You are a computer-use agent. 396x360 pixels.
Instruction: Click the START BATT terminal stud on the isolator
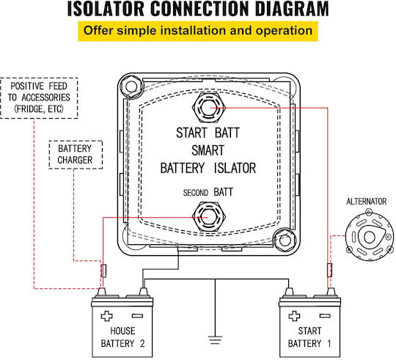pyautogui.click(x=208, y=108)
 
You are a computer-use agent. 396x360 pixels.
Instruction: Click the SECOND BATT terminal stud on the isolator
pyautogui.click(x=208, y=217)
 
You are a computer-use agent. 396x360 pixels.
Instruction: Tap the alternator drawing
pyautogui.click(x=369, y=236)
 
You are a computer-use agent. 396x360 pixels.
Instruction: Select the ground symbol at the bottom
pyautogui.click(x=215, y=340)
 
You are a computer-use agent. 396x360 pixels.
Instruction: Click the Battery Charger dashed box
pyautogui.click(x=76, y=155)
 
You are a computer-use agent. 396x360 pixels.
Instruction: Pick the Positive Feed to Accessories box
pyautogui.click(x=39, y=98)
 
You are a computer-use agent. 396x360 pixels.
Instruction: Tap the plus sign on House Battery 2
pyautogui.click(x=106, y=316)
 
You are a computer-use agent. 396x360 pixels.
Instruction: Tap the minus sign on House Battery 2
pyautogui.click(x=137, y=316)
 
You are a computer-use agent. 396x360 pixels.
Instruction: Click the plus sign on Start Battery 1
pyautogui.click(x=294, y=316)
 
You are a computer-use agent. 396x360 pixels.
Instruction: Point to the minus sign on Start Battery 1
pyautogui.click(x=325, y=316)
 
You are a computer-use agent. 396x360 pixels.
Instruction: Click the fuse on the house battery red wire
pyautogui.click(x=103, y=271)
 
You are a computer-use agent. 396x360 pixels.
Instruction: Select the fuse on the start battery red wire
pyautogui.click(x=329, y=270)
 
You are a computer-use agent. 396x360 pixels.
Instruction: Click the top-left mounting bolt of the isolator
pyautogui.click(x=131, y=87)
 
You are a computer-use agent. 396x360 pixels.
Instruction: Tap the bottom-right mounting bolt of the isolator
pyautogui.click(x=285, y=240)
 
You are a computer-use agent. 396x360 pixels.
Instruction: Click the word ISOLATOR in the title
pyautogui.click(x=106, y=9)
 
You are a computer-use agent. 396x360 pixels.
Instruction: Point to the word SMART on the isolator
pyautogui.click(x=208, y=150)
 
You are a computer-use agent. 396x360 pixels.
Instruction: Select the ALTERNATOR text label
pyautogui.click(x=367, y=202)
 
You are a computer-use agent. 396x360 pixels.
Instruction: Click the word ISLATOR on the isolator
pyautogui.click(x=235, y=168)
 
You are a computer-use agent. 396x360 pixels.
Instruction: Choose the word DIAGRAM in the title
pyautogui.click(x=292, y=9)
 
